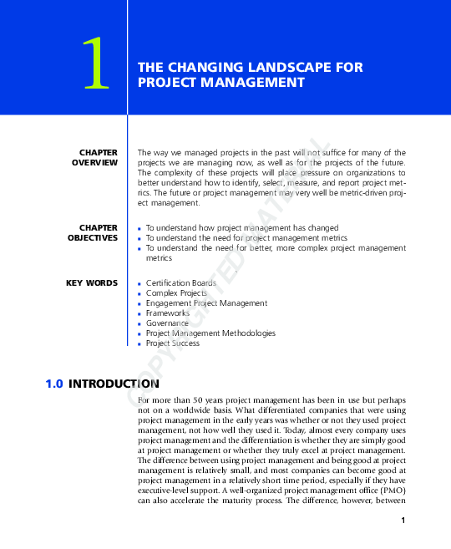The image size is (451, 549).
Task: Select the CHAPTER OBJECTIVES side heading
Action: (93, 232)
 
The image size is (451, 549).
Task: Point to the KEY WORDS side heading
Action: (92, 283)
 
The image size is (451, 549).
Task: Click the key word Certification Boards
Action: (180, 283)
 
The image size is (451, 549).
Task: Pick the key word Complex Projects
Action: (176, 293)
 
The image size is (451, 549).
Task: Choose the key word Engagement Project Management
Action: (206, 303)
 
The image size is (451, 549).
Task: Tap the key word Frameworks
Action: (167, 313)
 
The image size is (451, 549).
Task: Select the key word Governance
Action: (168, 323)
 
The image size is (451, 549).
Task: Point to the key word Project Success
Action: (173, 343)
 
